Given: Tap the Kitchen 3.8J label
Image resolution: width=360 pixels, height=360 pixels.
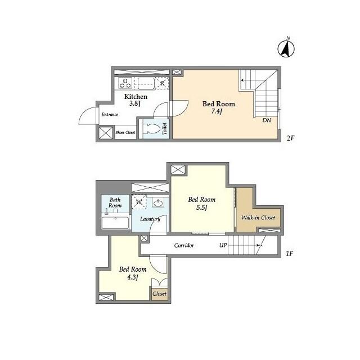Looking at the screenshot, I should (135, 100).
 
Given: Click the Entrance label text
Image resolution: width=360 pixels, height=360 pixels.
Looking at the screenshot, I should (109, 115).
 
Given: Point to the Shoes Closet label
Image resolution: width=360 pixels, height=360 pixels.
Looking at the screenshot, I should (125, 133).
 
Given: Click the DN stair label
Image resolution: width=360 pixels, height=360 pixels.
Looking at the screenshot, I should (266, 120).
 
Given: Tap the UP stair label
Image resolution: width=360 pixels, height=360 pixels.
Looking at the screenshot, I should (223, 245).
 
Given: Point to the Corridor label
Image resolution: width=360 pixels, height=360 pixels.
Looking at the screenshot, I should (184, 245).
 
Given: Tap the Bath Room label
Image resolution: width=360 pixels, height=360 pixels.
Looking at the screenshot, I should (115, 202).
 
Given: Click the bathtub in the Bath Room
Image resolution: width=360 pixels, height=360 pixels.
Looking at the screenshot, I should (115, 222).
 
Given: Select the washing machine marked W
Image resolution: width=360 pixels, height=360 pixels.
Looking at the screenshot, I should (139, 201).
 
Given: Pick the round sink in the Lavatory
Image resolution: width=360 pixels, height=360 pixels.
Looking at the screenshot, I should (158, 203).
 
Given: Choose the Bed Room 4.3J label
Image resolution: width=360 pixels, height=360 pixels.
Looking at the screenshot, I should (133, 273).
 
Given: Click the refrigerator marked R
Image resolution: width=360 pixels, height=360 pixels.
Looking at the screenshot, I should (162, 84).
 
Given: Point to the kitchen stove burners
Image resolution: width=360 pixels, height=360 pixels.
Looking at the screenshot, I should (125, 84).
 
